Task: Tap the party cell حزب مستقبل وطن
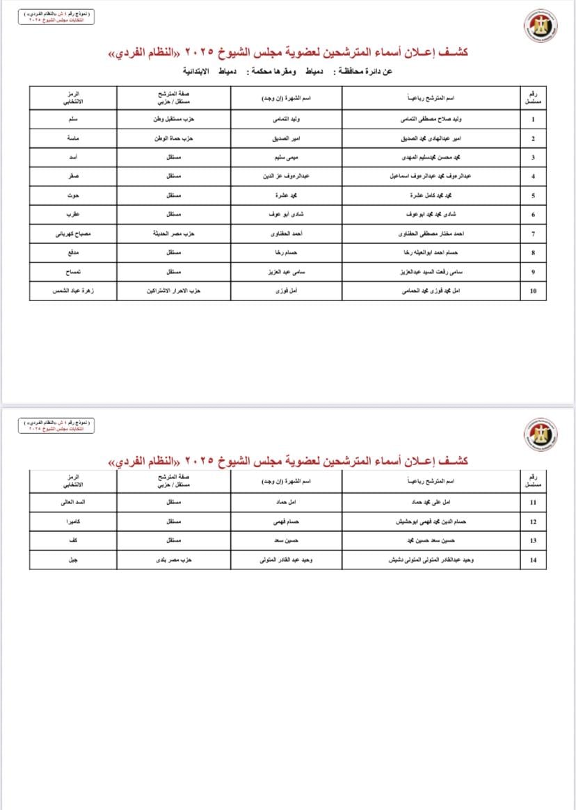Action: [173, 120]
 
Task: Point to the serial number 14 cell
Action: [533, 559]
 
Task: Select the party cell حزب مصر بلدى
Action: [173, 559]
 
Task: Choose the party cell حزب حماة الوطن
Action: [173, 138]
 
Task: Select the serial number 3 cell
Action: [533, 158]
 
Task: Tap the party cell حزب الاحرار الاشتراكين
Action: [173, 291]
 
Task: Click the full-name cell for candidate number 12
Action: [430, 521]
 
